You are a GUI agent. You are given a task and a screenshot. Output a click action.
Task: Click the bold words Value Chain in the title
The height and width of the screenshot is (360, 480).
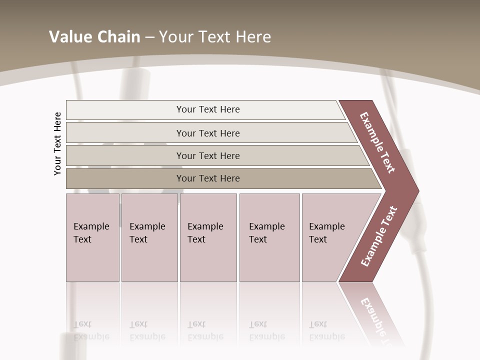pyautogui.click(x=94, y=37)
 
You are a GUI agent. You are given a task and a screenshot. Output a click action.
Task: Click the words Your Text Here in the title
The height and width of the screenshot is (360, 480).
pyautogui.click(x=215, y=37)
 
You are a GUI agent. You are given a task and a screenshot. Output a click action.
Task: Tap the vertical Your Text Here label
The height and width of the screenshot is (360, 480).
pyautogui.click(x=58, y=143)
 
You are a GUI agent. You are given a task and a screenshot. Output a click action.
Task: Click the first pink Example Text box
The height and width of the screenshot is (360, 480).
pyautogui.click(x=92, y=237)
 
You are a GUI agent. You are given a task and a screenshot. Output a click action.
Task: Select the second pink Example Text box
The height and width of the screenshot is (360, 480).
pyautogui.click(x=149, y=237)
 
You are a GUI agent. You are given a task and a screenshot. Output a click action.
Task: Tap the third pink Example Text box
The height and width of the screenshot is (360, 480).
pyautogui.click(x=208, y=237)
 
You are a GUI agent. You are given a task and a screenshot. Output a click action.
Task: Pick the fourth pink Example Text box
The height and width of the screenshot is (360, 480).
pyautogui.click(x=269, y=237)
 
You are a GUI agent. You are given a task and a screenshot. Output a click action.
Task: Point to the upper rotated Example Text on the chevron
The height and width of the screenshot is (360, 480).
pyautogui.click(x=377, y=142)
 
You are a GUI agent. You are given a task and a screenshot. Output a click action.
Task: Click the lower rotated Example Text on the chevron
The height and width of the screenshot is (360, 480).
pyautogui.click(x=378, y=236)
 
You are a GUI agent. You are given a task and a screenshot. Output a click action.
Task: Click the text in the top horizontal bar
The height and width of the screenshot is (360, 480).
pyautogui.click(x=208, y=109)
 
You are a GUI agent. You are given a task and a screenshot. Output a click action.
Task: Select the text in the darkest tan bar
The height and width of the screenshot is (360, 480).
pyautogui.click(x=208, y=178)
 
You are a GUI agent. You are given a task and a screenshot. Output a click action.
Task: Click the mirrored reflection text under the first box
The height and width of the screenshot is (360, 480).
pyautogui.click(x=91, y=330)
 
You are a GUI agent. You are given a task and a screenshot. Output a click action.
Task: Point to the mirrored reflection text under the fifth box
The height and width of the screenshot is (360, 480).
pyautogui.click(x=326, y=330)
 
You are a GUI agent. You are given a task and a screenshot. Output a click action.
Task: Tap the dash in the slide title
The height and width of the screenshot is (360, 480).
pyautogui.click(x=149, y=37)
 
